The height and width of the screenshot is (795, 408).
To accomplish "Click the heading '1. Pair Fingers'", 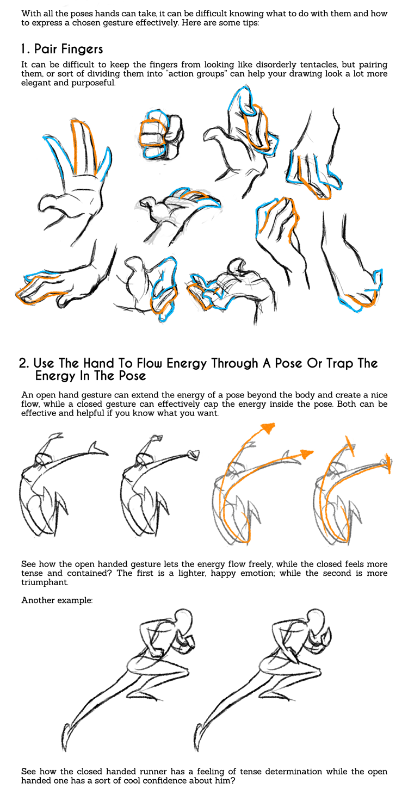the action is tap(62, 49).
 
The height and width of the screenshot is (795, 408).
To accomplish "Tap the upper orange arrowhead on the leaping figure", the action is tap(268, 428).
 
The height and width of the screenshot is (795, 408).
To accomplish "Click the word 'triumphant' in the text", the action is tap(44, 582).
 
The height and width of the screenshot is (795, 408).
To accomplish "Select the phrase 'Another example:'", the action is tap(57, 600).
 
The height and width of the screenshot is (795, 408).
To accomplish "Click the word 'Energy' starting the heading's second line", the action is tap(55, 376).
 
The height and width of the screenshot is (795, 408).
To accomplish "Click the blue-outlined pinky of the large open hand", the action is tap(106, 163).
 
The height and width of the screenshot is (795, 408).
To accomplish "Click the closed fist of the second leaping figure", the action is tap(194, 455).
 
